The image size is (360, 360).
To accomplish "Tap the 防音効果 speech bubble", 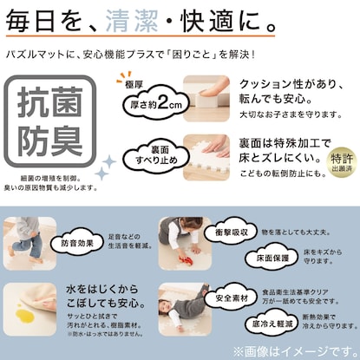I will tap(78, 245).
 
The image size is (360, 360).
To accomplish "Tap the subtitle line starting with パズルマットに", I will tap(130, 54).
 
